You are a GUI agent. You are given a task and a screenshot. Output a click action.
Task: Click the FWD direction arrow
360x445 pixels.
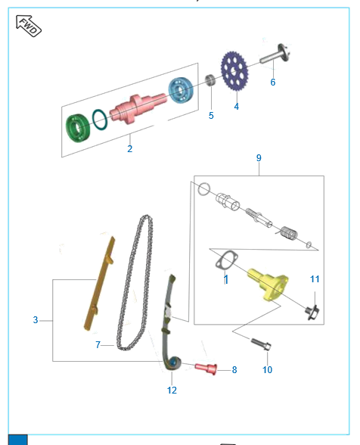(29, 26)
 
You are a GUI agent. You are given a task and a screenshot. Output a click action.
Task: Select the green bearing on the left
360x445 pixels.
(78, 127)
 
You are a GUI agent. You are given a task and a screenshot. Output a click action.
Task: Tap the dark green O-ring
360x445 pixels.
(100, 120)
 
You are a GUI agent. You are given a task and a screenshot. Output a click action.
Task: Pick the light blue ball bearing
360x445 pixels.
(181, 90)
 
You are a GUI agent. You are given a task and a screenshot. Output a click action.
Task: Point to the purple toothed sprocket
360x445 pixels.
(234, 71)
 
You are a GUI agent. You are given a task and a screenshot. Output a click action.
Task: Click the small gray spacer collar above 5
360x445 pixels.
(210, 79)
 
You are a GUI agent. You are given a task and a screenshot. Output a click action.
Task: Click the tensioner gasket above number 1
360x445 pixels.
(226, 260)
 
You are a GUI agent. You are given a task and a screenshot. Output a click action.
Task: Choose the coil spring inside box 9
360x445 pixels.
(288, 233)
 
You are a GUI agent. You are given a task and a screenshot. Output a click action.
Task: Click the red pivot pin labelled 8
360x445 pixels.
(206, 369)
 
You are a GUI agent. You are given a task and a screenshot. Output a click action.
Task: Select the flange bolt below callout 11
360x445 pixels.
(312, 313)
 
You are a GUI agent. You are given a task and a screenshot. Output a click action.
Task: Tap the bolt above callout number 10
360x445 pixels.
(261, 344)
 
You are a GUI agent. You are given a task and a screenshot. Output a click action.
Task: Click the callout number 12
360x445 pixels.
(172, 391)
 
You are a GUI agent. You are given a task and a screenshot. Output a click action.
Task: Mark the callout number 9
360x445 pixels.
(259, 157)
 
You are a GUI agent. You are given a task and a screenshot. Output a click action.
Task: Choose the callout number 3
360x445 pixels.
(36, 320)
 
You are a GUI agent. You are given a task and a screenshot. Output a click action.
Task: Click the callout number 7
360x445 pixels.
(98, 344)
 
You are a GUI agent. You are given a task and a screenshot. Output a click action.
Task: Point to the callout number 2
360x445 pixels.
(129, 148)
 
